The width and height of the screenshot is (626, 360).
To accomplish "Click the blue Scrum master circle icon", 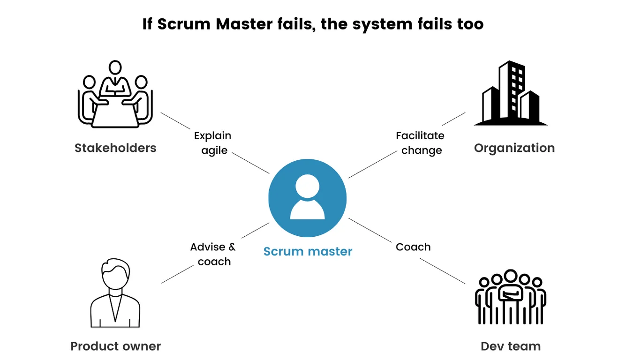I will (x=307, y=197).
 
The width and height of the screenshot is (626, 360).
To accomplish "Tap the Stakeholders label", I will (x=115, y=148).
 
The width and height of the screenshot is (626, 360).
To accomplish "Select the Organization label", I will (x=514, y=148).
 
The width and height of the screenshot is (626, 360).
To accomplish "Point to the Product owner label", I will (x=115, y=346).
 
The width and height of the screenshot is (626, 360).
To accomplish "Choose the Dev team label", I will (x=511, y=346).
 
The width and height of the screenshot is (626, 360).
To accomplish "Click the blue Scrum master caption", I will (x=308, y=252).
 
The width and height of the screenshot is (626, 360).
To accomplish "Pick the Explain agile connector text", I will (x=213, y=143).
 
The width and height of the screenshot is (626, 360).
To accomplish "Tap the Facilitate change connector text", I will (x=420, y=143).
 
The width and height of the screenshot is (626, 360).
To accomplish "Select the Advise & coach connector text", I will (x=213, y=254).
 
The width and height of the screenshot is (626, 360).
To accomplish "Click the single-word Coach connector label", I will (x=413, y=247).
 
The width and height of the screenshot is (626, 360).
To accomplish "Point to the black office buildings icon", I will (x=511, y=94).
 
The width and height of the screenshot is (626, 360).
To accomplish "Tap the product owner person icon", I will (x=115, y=293).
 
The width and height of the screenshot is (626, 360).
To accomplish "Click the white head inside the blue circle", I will (x=308, y=186).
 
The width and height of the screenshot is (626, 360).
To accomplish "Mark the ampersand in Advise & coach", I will (x=232, y=247).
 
